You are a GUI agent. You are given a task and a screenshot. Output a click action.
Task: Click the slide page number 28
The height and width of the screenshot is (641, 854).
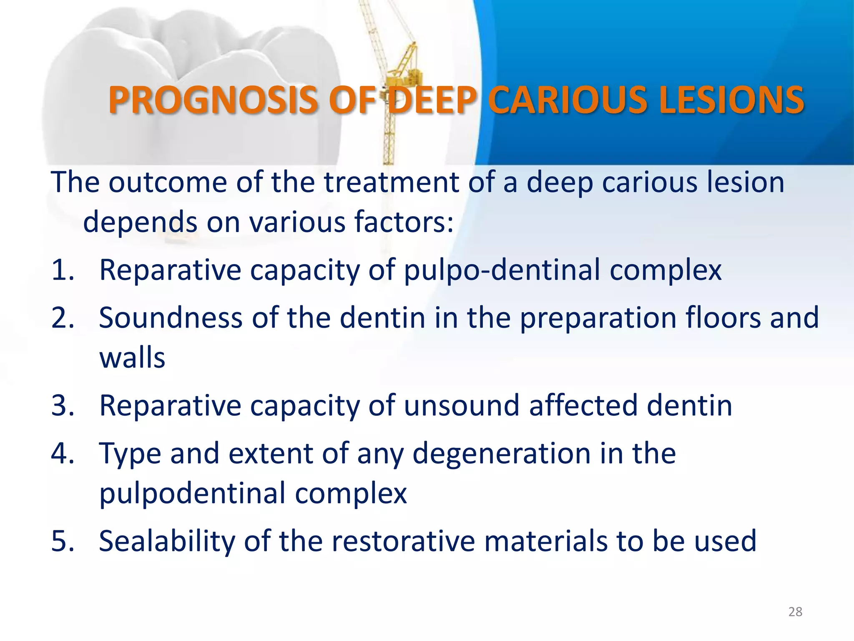[795, 612]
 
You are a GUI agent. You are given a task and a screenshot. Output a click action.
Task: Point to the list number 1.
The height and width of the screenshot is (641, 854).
[63, 270]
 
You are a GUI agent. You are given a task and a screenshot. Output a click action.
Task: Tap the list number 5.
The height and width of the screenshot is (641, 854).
[63, 541]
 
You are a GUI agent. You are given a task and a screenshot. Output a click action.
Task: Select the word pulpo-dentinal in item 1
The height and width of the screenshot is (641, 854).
[502, 270]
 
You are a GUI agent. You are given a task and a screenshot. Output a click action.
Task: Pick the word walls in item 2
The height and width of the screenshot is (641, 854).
[132, 358]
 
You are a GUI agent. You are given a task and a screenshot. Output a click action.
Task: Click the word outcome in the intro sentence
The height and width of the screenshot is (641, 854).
[168, 182]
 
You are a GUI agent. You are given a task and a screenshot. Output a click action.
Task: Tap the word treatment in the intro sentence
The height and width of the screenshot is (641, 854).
[392, 182]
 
